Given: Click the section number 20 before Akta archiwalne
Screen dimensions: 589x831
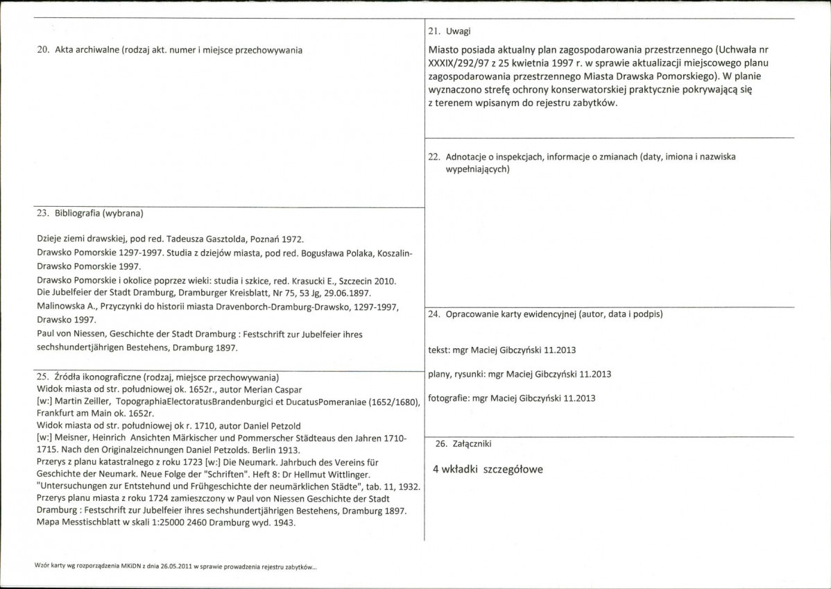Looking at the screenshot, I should point(41,50).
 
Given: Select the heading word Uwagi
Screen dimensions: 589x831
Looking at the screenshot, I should point(460,32).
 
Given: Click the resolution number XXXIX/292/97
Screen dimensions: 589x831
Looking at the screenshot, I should point(459,63).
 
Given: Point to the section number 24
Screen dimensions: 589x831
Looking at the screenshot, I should point(434,314).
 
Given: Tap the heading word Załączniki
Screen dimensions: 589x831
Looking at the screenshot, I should point(474,443).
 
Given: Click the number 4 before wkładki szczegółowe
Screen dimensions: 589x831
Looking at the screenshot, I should point(436,469).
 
